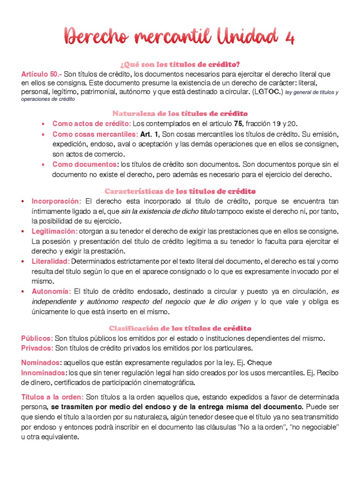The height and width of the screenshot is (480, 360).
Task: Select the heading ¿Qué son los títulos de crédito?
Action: [180, 64]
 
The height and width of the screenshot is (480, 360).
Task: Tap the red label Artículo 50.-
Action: [41, 74]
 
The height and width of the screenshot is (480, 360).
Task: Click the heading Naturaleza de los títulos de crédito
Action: [180, 113]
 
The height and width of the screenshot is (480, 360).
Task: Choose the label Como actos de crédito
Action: [91, 124]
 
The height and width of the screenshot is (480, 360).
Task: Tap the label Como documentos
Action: [85, 165]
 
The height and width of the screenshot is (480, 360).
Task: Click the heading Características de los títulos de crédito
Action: [180, 191]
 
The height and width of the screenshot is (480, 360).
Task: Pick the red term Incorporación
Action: [57, 201]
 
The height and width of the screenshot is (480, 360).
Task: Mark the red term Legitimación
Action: [54, 232]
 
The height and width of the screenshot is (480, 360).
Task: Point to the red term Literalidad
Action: [51, 261]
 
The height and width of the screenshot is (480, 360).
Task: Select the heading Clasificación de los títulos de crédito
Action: [180, 328]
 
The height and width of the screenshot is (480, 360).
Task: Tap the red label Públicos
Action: [37, 338]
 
